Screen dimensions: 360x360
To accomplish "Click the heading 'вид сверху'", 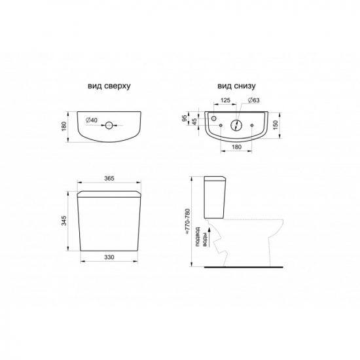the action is coord(109,86).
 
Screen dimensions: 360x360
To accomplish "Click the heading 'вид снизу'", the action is coord(236,86).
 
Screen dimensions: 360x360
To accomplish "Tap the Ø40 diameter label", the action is coord(92,120).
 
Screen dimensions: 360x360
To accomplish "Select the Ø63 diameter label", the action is coord(253,100).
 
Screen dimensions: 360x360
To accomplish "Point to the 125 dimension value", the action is coord(225,100).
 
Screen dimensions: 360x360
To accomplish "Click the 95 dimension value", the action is coord(185,118).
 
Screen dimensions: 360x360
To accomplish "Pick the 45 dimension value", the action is coord(194,122).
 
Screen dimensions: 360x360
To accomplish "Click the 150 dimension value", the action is coord(276,124).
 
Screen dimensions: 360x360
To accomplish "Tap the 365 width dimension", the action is coord(109,179).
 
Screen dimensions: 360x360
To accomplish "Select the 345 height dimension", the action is coord(64,221).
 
